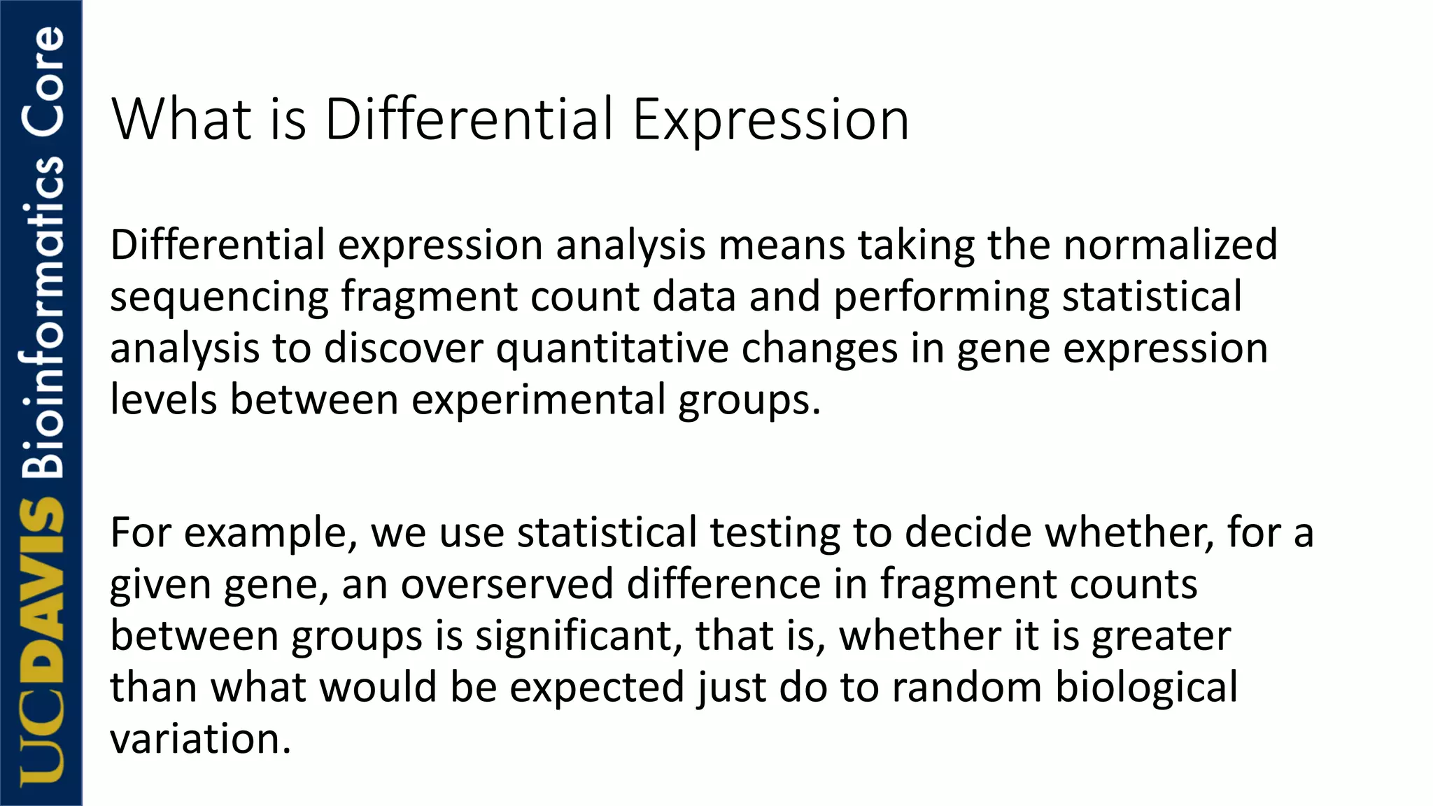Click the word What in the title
click(181, 119)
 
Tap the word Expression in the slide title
click(770, 120)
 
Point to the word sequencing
click(219, 297)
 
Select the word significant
click(579, 636)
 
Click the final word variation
click(200, 739)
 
